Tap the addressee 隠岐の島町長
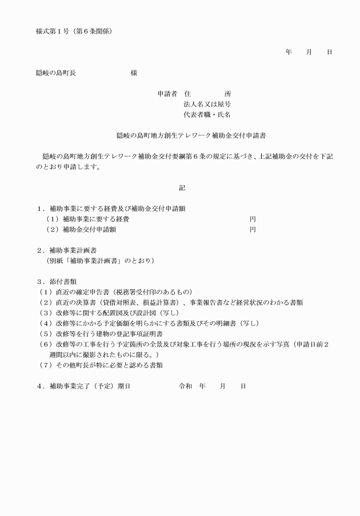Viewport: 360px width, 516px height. [56, 73]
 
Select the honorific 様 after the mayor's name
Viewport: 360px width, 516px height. [134, 73]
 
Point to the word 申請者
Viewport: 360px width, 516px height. [167, 93]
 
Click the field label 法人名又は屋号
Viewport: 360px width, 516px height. [207, 104]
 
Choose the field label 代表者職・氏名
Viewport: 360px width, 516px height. [207, 115]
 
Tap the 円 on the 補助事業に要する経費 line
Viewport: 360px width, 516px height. [253, 219]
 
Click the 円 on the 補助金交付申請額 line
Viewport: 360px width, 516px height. [253, 230]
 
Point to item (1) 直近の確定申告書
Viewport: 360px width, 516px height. [114, 292]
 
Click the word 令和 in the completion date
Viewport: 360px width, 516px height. [186, 386]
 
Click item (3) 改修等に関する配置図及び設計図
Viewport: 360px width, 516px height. [109, 313]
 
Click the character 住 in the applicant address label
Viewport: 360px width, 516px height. [187, 93]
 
